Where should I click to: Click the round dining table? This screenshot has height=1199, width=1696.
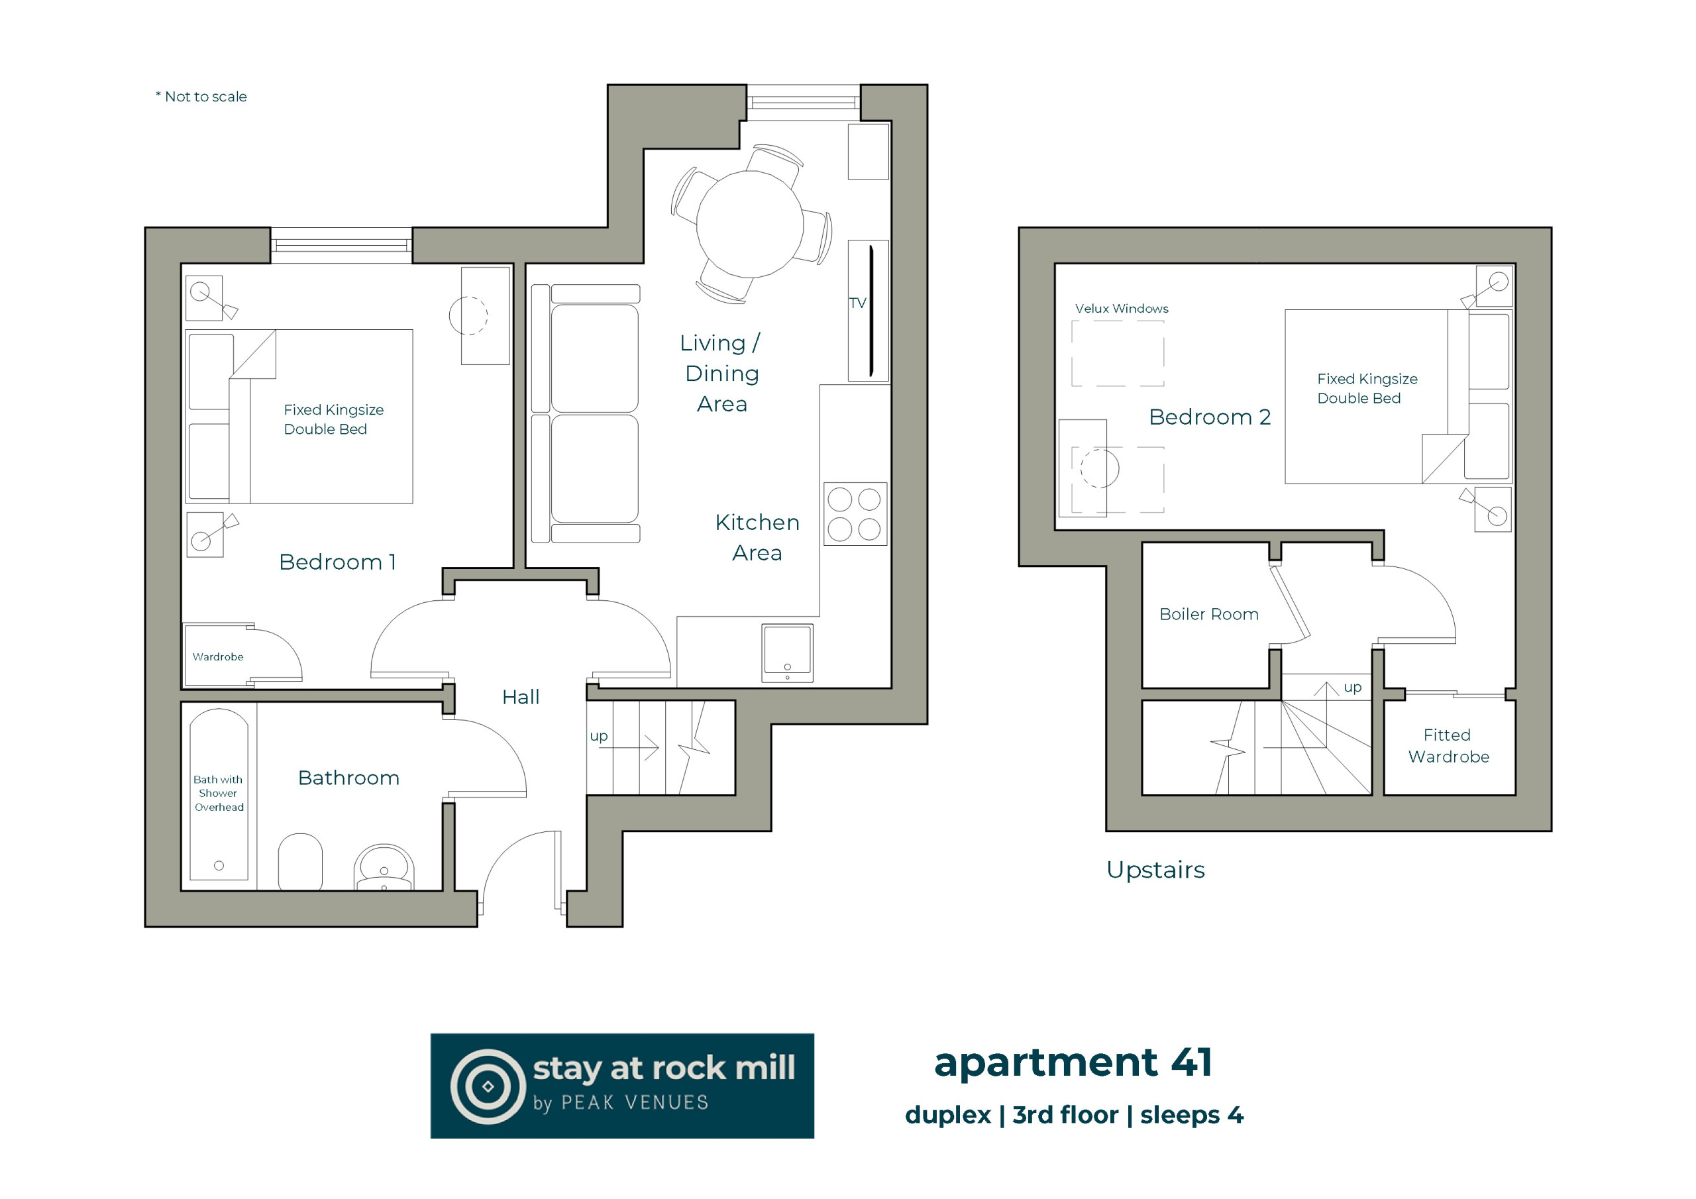click(750, 224)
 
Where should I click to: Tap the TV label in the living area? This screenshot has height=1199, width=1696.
click(857, 303)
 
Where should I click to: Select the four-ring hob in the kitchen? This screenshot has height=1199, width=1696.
click(855, 514)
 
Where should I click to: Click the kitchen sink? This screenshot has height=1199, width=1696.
click(788, 653)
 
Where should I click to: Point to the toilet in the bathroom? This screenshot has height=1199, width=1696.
click(300, 861)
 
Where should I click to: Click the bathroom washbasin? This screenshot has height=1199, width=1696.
click(384, 867)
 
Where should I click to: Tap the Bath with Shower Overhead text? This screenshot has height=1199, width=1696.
click(219, 794)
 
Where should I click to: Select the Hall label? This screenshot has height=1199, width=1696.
click(521, 697)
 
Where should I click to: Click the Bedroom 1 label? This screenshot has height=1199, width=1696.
click(338, 562)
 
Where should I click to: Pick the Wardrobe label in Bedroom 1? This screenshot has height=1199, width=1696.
click(218, 656)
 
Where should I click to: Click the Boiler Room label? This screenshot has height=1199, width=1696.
click(1208, 614)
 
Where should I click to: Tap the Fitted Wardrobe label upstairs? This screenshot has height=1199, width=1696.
click(1448, 745)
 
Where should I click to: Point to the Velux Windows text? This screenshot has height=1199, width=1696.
click(1122, 309)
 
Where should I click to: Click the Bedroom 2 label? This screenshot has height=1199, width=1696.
click(1210, 417)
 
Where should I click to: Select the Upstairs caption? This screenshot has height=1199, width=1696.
click(1155, 870)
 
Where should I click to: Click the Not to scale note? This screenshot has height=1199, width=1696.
click(201, 97)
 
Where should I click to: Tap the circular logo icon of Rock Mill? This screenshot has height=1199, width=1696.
click(488, 1086)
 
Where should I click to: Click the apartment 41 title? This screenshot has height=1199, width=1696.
click(1073, 1063)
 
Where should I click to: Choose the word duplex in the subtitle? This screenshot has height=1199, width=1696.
click(948, 1116)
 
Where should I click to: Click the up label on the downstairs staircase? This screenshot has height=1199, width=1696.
click(599, 736)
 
